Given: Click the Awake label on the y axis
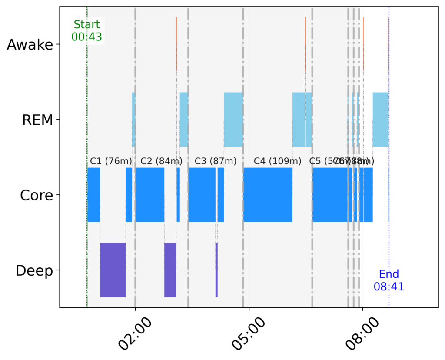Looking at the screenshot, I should pos(30,45).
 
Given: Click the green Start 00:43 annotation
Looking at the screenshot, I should pos(86,31).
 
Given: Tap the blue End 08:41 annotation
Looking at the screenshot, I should pos(389,280).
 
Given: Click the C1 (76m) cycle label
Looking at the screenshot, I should pos(111,161).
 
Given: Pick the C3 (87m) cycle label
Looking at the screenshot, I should pos(216,161).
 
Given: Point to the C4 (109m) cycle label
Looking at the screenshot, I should pos(277,161).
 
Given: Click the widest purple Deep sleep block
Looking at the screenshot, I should pos(113,270).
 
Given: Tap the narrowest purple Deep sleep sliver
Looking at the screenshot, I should pos(216,270).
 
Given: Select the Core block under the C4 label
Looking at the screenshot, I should pos(268,195).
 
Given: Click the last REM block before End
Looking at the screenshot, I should pos(380,120).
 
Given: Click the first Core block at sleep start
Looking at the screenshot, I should pos(93,195).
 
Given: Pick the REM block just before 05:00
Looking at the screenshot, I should pos(233,120).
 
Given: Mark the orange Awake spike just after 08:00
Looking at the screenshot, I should pos(364,43).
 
